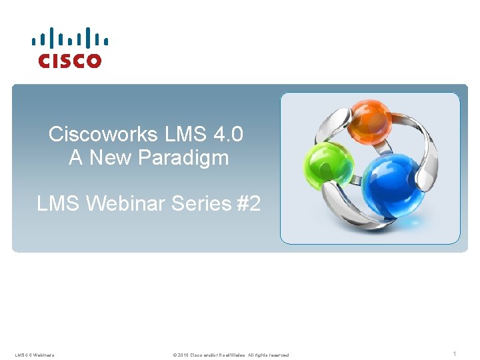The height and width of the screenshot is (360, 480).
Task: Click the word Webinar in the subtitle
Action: [126, 204]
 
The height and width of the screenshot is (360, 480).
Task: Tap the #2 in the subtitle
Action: [247, 204]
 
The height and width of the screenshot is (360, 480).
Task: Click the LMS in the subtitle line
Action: [59, 204]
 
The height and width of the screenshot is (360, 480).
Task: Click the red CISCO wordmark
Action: [70, 61]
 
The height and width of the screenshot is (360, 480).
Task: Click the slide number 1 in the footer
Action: [454, 354]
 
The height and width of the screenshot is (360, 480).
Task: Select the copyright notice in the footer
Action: [231, 355]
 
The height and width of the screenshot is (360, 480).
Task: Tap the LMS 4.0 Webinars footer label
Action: [35, 355]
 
